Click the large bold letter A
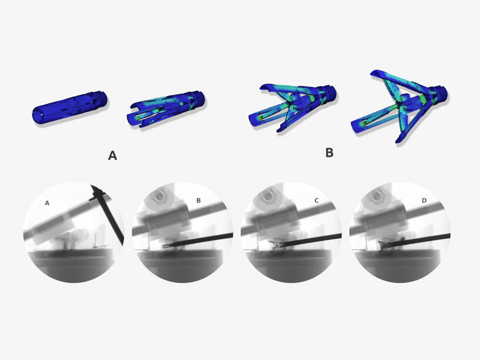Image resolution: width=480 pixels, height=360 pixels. pos(112,156)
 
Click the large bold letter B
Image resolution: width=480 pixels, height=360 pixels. pos(329,152)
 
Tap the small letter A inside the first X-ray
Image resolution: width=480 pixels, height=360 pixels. pos(47,203)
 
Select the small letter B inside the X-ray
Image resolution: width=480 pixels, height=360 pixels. pos(199,200)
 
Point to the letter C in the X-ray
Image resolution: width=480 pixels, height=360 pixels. pos(317,200)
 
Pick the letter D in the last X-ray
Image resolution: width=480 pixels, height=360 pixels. pos(424,200)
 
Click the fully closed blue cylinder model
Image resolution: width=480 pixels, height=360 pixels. pos(70,107)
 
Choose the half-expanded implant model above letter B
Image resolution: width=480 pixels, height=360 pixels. pos(292,108)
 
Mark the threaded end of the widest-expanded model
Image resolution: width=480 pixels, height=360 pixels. pos(441,92)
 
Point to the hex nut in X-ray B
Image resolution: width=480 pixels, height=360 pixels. pos(158,196)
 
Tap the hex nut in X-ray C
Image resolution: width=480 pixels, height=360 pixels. pos(267,196)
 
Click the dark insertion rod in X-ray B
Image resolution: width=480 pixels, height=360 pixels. pos(200,239)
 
